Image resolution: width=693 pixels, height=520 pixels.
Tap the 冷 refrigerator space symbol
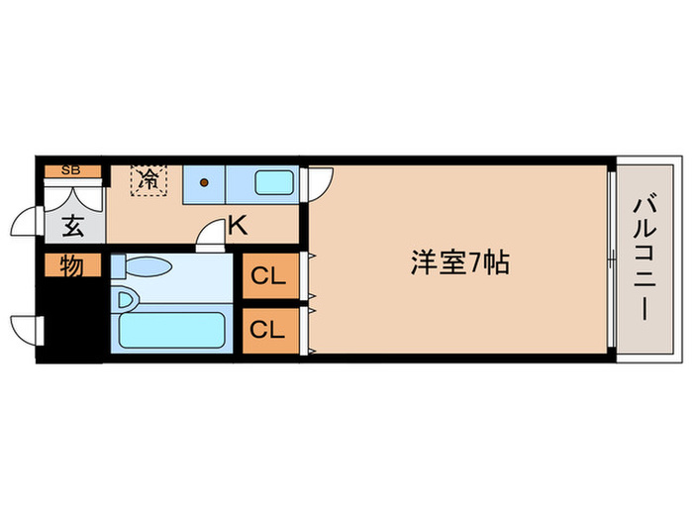pyautogui.click(x=148, y=180)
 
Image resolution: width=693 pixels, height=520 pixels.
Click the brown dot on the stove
pyautogui.click(x=205, y=182)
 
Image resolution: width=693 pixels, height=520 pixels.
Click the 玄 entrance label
pyautogui.click(x=72, y=227)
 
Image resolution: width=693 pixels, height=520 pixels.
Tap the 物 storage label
pyautogui.click(x=70, y=266)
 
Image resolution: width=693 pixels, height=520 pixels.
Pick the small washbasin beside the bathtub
pyautogui.click(x=126, y=297)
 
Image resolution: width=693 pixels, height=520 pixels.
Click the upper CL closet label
pyautogui.click(x=267, y=277)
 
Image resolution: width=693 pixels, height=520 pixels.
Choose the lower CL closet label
pyautogui.click(x=267, y=330)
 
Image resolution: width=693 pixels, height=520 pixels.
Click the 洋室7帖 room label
pyautogui.click(x=460, y=263)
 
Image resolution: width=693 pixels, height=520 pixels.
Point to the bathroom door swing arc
pyautogui.click(x=211, y=234)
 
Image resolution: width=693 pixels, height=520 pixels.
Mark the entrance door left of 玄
pyautogui.click(x=28, y=219)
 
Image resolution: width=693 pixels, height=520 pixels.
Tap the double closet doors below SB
pyautogui.click(x=71, y=192)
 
